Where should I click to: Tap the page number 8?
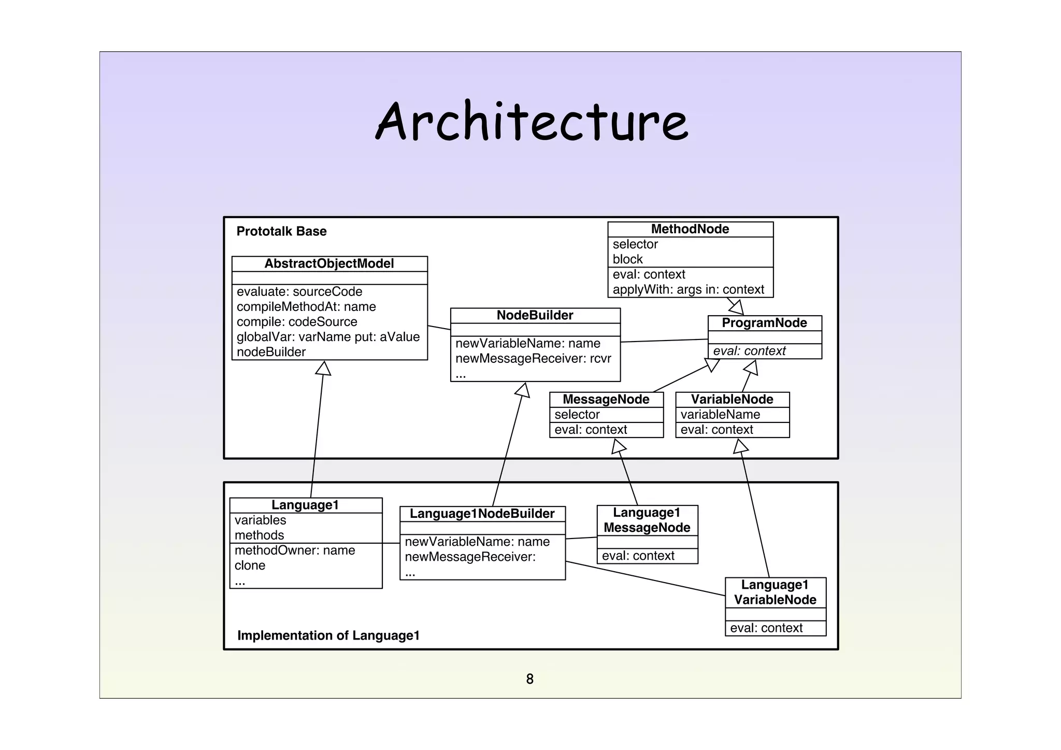click(x=529, y=678)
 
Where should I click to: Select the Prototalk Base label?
click(x=281, y=231)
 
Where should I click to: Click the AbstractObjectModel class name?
click(x=329, y=263)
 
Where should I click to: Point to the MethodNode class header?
click(x=690, y=229)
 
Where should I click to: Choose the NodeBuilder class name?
click(x=535, y=315)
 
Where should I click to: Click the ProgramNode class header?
click(x=764, y=323)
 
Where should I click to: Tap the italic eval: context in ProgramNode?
click(x=749, y=351)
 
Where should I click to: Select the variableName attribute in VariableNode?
click(x=720, y=415)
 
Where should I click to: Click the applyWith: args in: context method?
click(x=688, y=289)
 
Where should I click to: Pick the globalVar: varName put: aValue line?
click(x=328, y=337)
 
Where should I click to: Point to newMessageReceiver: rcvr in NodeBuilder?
click(x=533, y=358)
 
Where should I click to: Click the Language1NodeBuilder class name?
click(x=482, y=514)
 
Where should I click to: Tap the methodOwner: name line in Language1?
click(x=295, y=550)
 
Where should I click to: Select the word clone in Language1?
click(x=250, y=565)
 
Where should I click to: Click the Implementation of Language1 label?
click(x=328, y=635)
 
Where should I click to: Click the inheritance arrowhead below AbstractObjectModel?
click(x=323, y=368)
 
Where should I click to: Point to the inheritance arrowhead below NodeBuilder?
click(x=523, y=390)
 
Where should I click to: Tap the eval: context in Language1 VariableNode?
click(x=766, y=628)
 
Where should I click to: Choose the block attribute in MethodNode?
click(x=627, y=259)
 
